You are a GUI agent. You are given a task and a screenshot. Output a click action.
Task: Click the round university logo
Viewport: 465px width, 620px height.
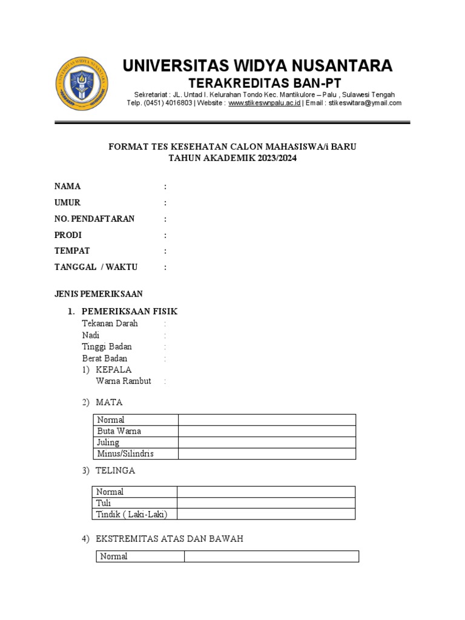(x=83, y=84)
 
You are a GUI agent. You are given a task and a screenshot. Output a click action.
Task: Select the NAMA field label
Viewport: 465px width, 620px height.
(x=67, y=186)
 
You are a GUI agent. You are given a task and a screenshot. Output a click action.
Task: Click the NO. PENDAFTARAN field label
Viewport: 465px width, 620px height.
(x=94, y=219)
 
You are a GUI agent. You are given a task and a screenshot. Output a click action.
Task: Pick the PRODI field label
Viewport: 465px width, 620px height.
(x=68, y=235)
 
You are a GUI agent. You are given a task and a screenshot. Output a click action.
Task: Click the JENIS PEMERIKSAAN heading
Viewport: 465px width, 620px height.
(x=98, y=294)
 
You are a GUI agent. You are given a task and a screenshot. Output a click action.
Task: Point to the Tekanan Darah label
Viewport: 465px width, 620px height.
(x=110, y=323)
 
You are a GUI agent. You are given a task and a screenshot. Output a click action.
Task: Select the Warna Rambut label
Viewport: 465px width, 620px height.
(x=124, y=381)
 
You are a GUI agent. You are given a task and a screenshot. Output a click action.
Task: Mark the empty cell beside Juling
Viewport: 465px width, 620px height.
(x=266, y=443)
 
